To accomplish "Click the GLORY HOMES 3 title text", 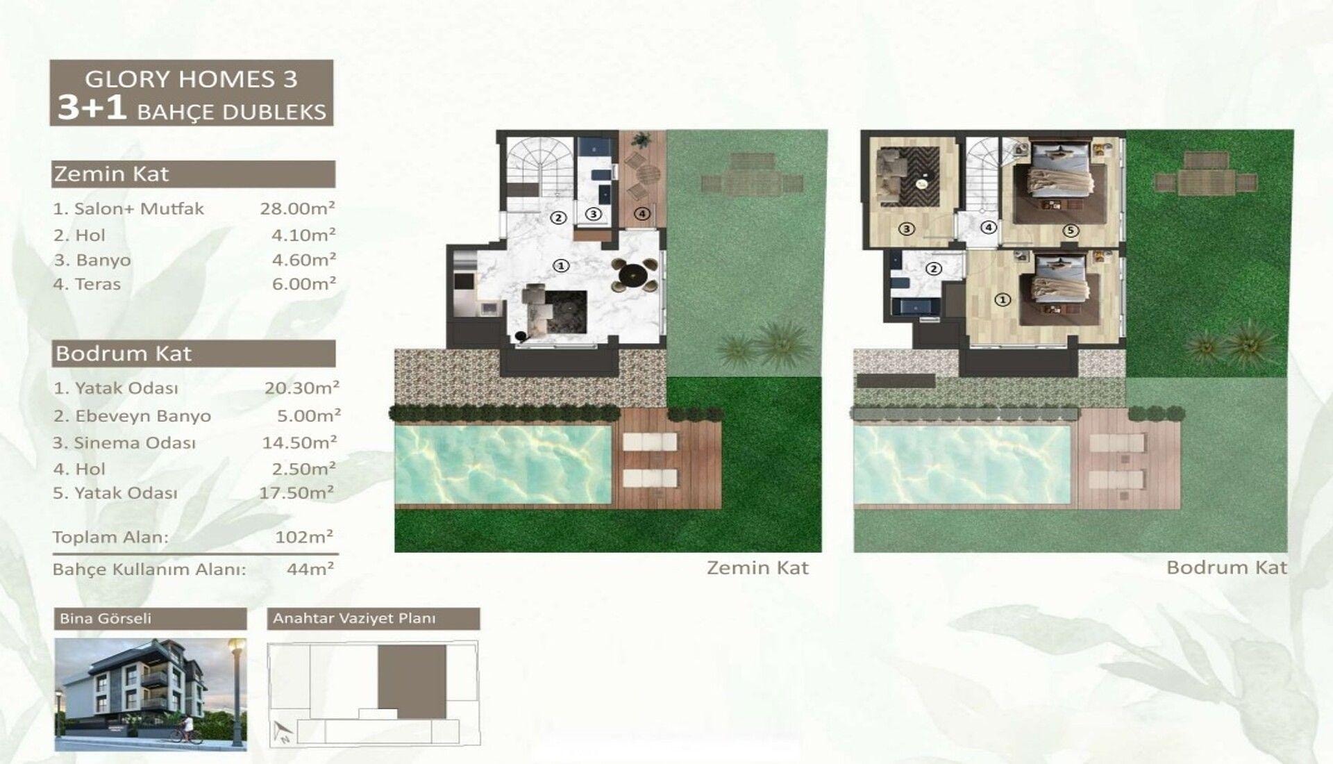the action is tap(191, 78).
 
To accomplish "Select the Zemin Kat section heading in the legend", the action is tap(111, 174).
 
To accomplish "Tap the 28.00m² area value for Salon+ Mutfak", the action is tap(298, 208).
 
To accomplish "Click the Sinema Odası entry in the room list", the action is tap(124, 443).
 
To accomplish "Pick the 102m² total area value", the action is tap(304, 537).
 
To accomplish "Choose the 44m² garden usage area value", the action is tap(310, 569).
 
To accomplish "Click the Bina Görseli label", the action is tap(106, 618).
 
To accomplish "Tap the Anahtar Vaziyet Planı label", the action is tap(354, 618).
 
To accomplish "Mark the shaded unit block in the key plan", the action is tap(412, 681).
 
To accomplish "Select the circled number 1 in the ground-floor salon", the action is tap(561, 265).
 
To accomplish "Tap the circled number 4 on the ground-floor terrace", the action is tap(642, 214).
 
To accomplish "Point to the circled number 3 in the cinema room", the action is tap(907, 228).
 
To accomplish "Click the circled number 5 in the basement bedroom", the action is tap(1071, 231).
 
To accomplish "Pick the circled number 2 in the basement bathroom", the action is tap(934, 269).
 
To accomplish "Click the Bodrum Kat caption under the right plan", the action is tap(1227, 567).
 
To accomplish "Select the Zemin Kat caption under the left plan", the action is tap(757, 567).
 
